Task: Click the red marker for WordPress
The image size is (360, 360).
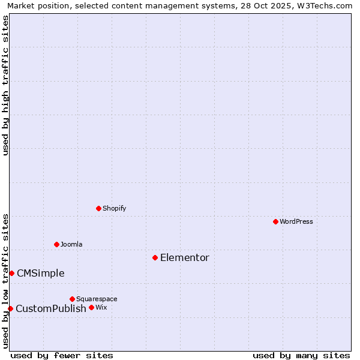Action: tap(275, 221)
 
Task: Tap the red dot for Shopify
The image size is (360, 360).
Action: tap(98, 208)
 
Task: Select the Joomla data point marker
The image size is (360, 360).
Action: tap(56, 244)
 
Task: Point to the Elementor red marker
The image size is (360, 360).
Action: tap(155, 257)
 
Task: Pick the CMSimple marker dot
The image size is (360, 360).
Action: tap(11, 273)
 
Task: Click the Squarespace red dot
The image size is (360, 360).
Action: tap(72, 299)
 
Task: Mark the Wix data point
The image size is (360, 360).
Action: tap(91, 307)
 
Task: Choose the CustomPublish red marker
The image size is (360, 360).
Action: tap(10, 308)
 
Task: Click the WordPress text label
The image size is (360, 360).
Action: tap(296, 221)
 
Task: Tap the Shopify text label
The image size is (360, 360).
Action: tap(114, 208)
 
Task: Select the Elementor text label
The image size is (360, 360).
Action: tap(184, 257)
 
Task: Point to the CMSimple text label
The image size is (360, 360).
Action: tap(40, 273)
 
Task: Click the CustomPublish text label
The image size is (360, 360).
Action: tap(51, 308)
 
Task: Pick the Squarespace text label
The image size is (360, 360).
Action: tap(97, 299)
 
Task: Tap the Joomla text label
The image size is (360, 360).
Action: tap(71, 244)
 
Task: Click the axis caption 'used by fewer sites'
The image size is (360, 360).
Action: tap(62, 355)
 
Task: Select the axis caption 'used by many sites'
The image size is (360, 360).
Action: tap(301, 355)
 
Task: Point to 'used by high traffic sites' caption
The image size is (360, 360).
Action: tap(6, 86)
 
